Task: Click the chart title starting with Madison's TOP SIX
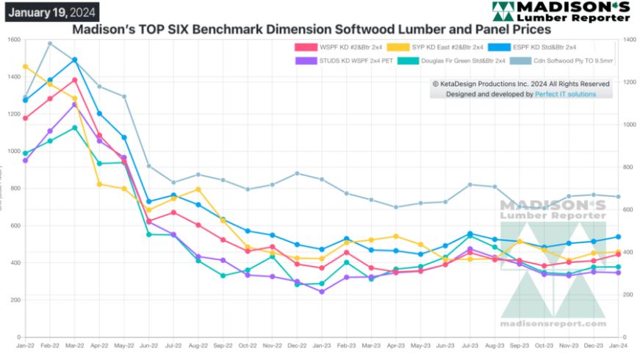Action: tap(311, 30)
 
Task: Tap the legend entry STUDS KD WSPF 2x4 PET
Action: tap(341, 60)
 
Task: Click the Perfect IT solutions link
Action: tap(565, 94)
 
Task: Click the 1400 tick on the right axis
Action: tap(628, 39)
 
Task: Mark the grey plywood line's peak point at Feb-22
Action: tap(50, 43)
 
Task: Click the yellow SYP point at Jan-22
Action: tap(26, 67)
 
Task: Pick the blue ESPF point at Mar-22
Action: tap(75, 60)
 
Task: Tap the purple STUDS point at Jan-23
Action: tap(322, 292)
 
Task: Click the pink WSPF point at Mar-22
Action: tap(75, 80)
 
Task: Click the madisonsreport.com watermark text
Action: tap(553, 323)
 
